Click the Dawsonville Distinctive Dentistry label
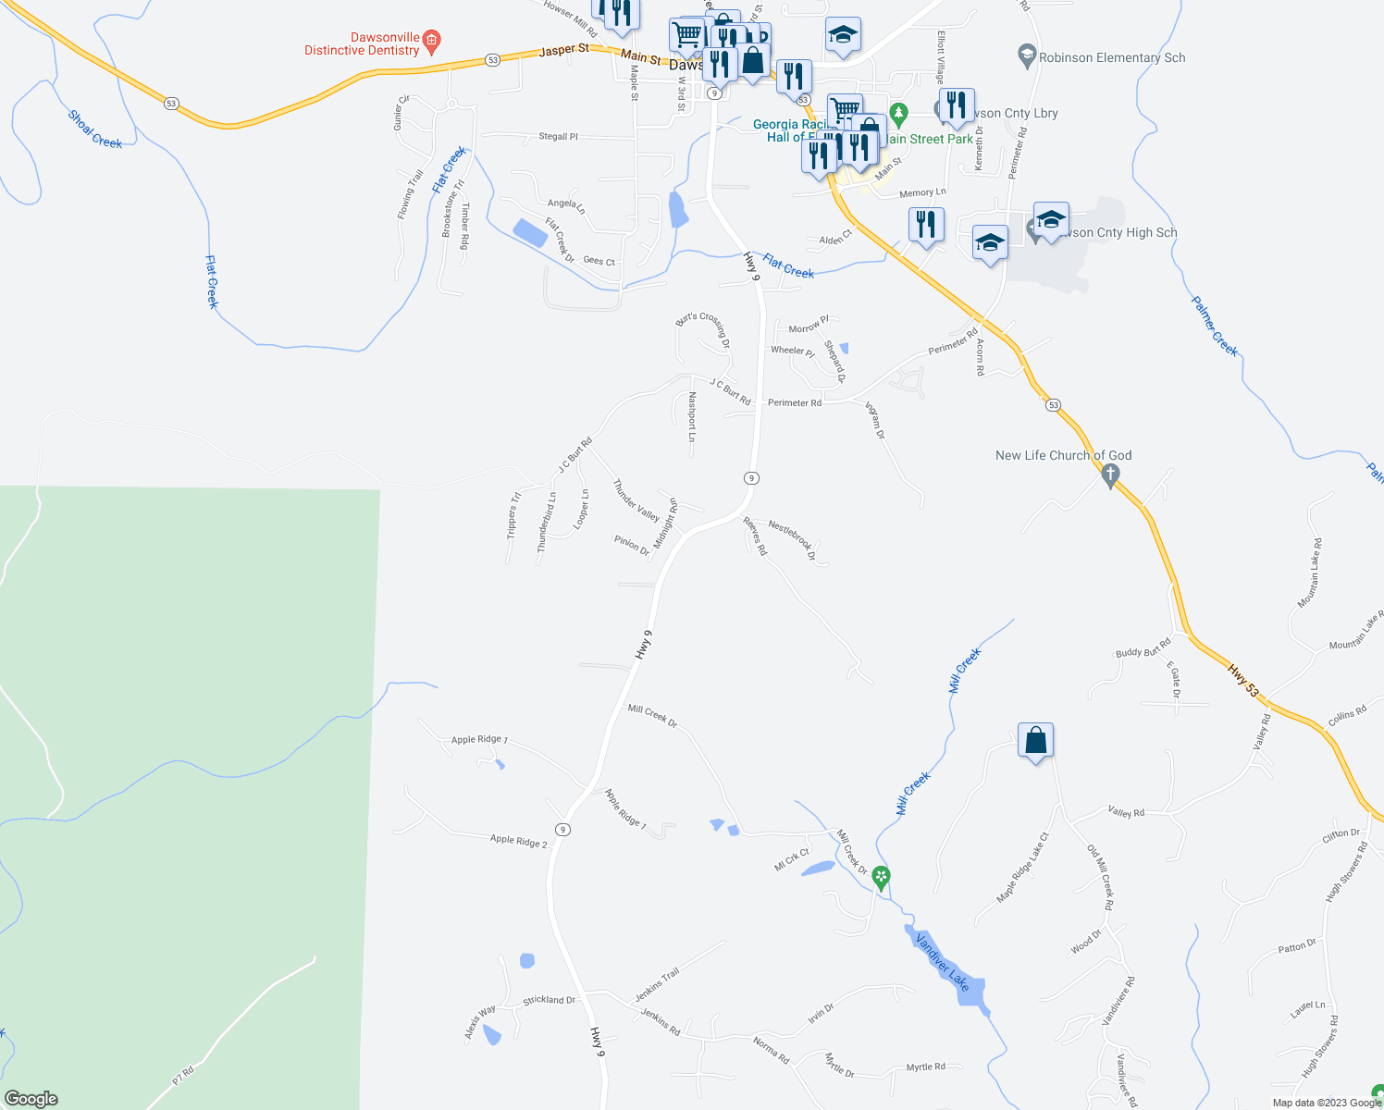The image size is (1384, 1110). [362, 44]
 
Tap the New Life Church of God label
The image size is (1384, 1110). [1063, 455]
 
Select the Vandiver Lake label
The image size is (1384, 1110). [943, 963]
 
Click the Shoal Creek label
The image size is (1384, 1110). [94, 129]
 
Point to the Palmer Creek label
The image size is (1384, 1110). [1214, 326]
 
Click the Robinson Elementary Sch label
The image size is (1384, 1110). [1111, 57]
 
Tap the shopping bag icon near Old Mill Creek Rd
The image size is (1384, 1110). [1035, 741]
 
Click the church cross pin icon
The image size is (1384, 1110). [1112, 475]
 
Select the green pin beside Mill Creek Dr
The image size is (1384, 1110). [882, 877]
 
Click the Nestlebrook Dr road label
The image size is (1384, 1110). [792, 539]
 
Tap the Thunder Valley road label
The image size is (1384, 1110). [636, 499]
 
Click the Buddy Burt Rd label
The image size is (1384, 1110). [1143, 647]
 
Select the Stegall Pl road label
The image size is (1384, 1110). [558, 136]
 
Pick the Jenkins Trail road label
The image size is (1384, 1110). [657, 984]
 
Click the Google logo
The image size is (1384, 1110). [31, 1099]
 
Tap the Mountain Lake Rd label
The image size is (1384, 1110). [1310, 573]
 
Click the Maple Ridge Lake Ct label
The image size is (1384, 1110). [1022, 868]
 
